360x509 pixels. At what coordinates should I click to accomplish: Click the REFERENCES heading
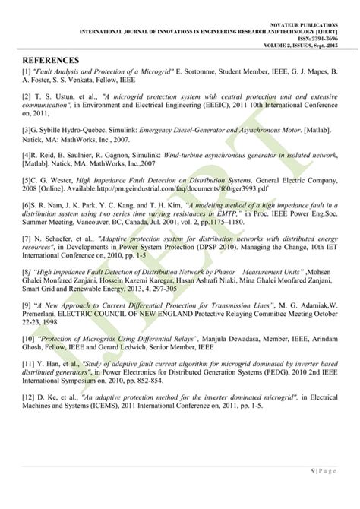pyautogui.click(x=51, y=60)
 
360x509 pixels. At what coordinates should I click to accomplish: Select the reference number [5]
pyautogui.click(x=26, y=180)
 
